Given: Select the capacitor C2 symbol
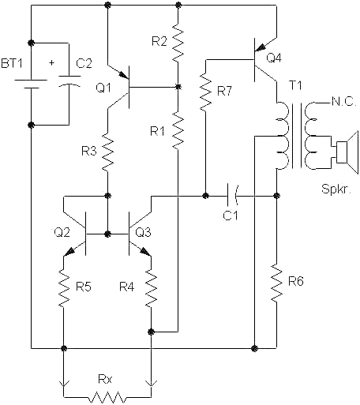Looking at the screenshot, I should tap(72, 82).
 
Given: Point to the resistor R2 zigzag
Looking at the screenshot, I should tap(178, 44).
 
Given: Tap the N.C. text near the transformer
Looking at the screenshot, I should tap(345, 103).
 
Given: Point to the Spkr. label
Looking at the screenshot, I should tap(335, 190).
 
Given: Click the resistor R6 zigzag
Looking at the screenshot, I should tap(277, 287).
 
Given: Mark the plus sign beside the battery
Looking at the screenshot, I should tap(53, 61).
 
